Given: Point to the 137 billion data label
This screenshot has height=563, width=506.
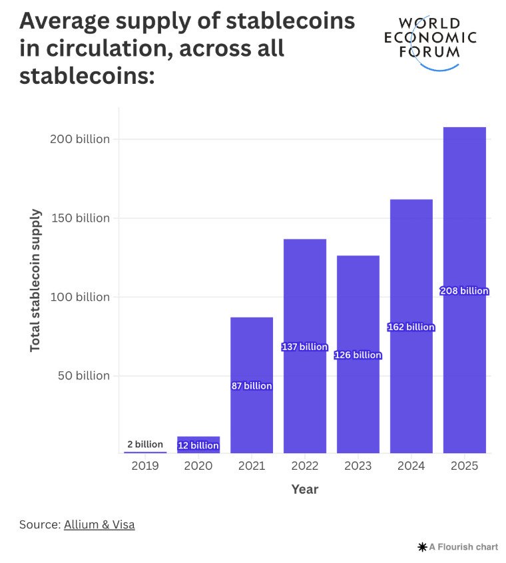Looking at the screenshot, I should tap(305, 347).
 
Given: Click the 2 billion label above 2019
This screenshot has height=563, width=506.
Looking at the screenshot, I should tap(145, 445).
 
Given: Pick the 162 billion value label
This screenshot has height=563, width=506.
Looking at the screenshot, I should tap(411, 327).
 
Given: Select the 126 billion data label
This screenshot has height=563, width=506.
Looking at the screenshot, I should tap(358, 355).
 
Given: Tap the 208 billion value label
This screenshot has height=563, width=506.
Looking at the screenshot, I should tap(465, 291).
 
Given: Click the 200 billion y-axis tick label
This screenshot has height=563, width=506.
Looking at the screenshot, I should tap(80, 139).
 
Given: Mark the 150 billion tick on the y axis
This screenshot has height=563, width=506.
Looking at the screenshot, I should tap(80, 218).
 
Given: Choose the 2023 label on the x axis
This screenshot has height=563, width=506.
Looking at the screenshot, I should tap(358, 466).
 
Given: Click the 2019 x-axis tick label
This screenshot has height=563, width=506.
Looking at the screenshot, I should tap(145, 466).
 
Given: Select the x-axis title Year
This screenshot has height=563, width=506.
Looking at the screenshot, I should tap(305, 490).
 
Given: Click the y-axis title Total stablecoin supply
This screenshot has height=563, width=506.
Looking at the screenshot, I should tap(35, 281).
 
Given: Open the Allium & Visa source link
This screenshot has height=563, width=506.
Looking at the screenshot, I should tap(99, 524).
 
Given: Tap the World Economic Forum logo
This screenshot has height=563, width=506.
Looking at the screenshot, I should tap(431, 38).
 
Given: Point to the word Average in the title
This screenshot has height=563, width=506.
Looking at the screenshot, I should tap(64, 21).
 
